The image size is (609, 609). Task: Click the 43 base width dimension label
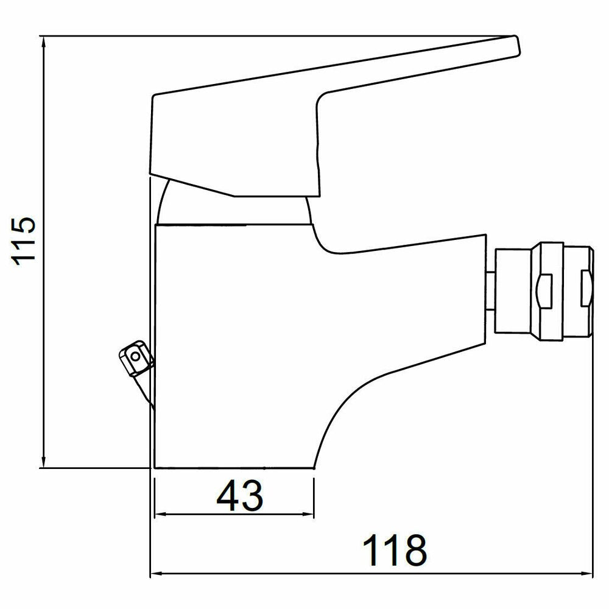tap(239, 496)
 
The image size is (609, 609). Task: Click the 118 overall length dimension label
tap(394, 551)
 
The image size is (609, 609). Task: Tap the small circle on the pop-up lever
tap(135, 356)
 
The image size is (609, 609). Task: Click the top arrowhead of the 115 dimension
tap(43, 42)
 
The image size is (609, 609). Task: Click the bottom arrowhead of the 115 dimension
tap(43, 462)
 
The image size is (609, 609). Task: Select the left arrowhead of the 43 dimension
tap(161, 515)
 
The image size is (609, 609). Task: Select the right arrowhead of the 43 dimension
tap(307, 515)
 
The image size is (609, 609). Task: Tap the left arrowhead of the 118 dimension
tap(157, 574)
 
